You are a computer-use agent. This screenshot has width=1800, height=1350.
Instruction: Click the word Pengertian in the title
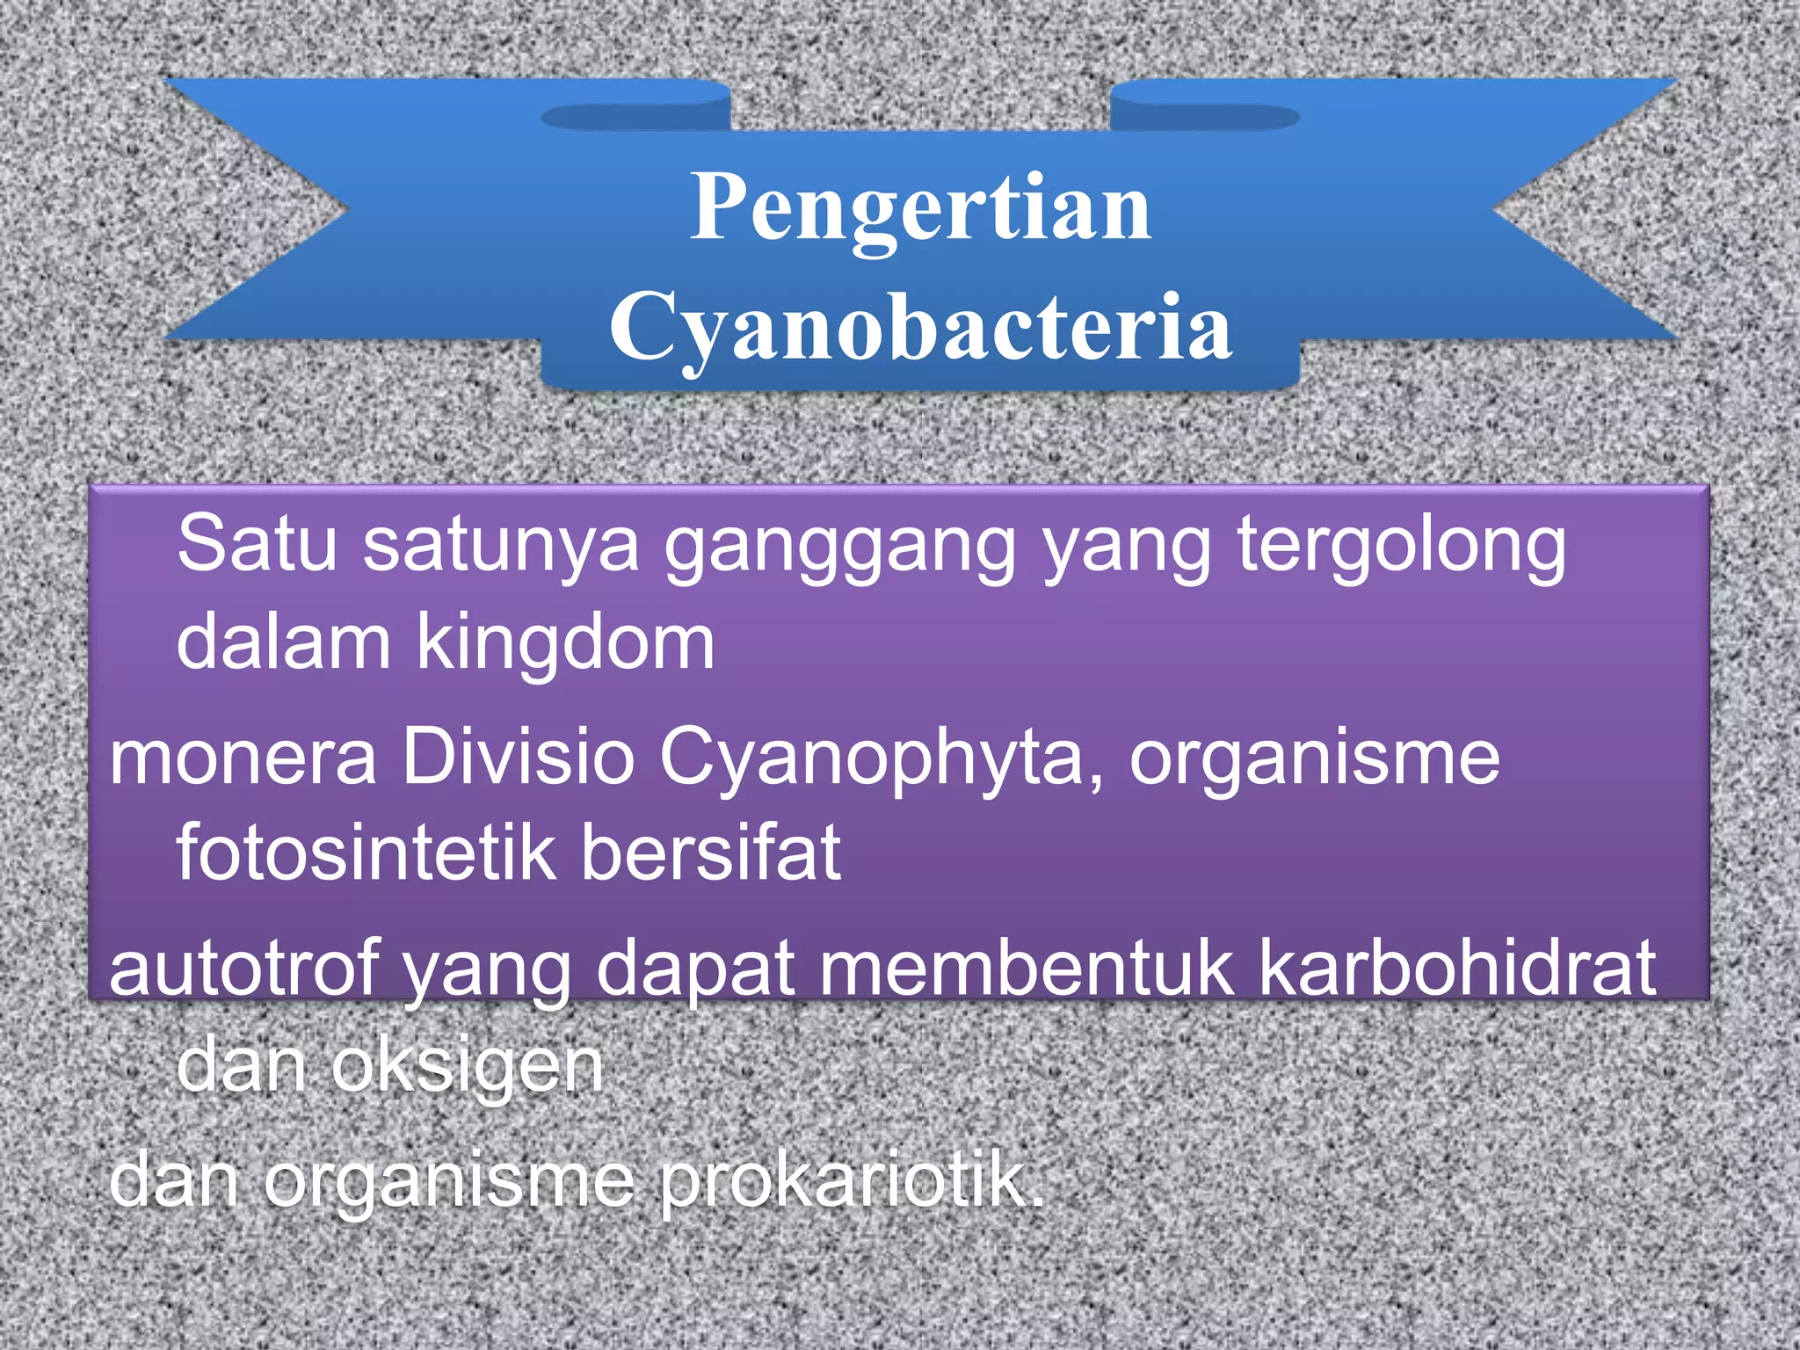click(x=920, y=207)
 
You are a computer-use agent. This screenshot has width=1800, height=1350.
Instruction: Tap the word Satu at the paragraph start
click(x=257, y=545)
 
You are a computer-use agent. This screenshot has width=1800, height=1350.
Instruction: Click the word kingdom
click(x=565, y=642)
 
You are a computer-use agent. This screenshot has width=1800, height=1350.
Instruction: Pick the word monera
click(x=243, y=758)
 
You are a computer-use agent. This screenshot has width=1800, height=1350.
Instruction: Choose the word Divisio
click(x=518, y=758)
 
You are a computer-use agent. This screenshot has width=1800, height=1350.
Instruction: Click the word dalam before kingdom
click(x=283, y=642)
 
